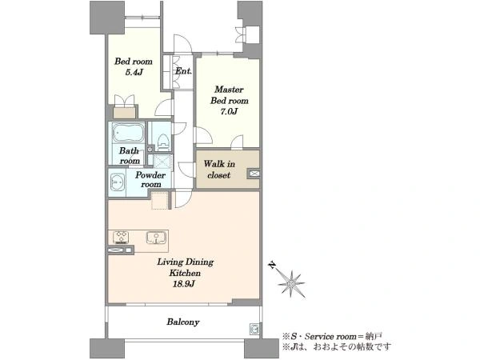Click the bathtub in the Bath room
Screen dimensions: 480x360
coord(128,132)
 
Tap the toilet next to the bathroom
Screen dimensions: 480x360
coord(163,142)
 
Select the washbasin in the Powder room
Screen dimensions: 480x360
coord(118,182)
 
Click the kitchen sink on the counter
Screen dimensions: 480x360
coord(156,238)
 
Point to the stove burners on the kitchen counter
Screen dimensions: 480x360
coord(121,237)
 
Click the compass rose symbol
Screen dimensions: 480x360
coord(291,284)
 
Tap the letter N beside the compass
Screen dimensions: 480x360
coord(271,265)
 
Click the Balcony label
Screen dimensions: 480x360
coord(183,322)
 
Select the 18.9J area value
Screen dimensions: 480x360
coord(184,284)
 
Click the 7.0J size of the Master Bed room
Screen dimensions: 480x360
coord(229,111)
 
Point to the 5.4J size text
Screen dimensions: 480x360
coord(134,73)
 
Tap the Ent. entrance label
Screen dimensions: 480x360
coord(183,71)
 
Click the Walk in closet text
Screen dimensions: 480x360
coord(219,170)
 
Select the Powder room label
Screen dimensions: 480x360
coord(150,179)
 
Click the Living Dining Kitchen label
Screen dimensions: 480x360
coord(186,267)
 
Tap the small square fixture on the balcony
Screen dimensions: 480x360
coord(254,329)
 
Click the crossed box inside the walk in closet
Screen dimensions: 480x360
coord(254,174)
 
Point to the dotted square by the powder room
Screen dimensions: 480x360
coord(160,201)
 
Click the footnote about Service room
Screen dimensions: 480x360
coord(332,337)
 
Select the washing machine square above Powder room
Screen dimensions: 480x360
coord(162,162)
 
